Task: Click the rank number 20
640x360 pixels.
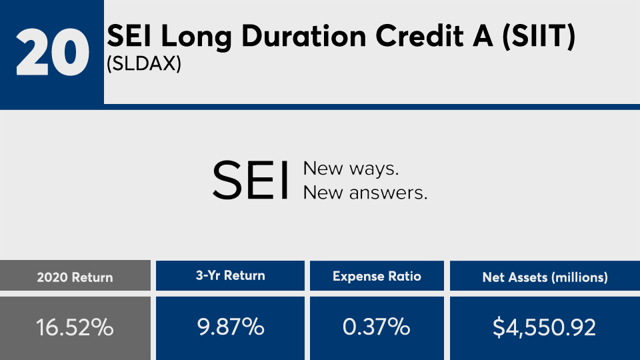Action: (x=52, y=52)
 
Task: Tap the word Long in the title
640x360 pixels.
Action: (x=196, y=37)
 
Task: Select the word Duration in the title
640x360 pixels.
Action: (x=304, y=36)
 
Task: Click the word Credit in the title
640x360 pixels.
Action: (x=419, y=36)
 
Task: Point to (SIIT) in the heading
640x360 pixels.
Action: (x=539, y=37)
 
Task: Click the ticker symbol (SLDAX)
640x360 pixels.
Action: (x=144, y=64)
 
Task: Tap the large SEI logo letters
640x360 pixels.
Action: (x=251, y=180)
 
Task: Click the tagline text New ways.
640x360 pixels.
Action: (x=351, y=169)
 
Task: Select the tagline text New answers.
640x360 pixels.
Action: (x=365, y=193)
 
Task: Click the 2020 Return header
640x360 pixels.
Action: (x=75, y=277)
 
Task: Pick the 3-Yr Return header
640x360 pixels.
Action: (x=230, y=275)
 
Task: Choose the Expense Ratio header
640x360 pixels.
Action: (x=377, y=276)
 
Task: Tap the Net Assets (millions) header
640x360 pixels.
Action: (x=545, y=277)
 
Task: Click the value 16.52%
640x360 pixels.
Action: (x=75, y=327)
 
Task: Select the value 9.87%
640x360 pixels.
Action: (x=230, y=327)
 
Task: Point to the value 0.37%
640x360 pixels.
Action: (x=376, y=327)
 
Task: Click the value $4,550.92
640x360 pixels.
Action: (x=544, y=328)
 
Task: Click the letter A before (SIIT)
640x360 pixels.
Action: (x=483, y=36)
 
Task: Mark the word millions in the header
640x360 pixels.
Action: (x=579, y=277)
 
